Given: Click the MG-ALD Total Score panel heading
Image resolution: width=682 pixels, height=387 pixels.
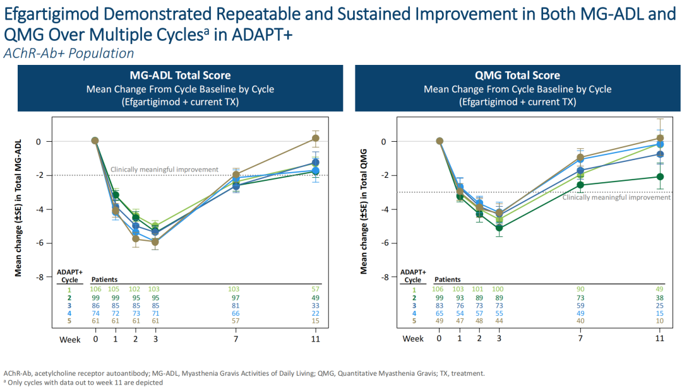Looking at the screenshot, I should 180,76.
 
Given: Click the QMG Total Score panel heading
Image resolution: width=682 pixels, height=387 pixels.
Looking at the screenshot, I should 517,76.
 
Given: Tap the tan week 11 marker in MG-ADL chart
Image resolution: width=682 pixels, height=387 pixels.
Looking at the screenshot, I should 315,137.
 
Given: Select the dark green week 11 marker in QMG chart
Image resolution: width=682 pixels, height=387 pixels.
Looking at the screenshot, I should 659,177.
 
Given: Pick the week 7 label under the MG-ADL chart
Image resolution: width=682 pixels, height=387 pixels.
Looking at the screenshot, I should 236,338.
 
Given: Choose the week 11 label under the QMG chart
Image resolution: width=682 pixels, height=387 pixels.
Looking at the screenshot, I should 659,338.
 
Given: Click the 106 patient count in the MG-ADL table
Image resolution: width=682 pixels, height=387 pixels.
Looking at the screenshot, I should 96,289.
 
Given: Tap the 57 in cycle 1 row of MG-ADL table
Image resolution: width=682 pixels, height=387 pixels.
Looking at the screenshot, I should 315,289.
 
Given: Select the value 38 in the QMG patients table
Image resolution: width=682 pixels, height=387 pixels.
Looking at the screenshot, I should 659,297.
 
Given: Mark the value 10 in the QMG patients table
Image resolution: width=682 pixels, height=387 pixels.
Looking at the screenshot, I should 659,321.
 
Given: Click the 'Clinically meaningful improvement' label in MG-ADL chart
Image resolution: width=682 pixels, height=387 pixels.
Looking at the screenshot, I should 164,170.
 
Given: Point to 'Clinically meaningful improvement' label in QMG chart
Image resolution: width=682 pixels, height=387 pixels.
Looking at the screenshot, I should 616,197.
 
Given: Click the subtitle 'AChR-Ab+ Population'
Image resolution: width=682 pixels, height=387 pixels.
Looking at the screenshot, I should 69,54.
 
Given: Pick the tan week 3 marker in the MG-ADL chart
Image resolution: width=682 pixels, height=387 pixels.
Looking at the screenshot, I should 155,241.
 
